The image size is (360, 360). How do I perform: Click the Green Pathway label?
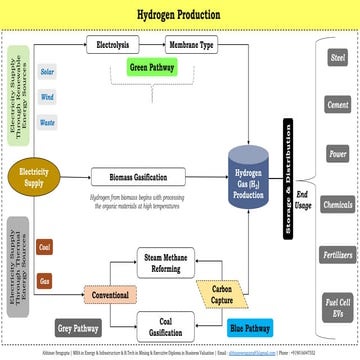pos(153,68)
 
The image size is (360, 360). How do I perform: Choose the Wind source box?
pos(47,98)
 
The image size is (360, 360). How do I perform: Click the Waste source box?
pos(47,123)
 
